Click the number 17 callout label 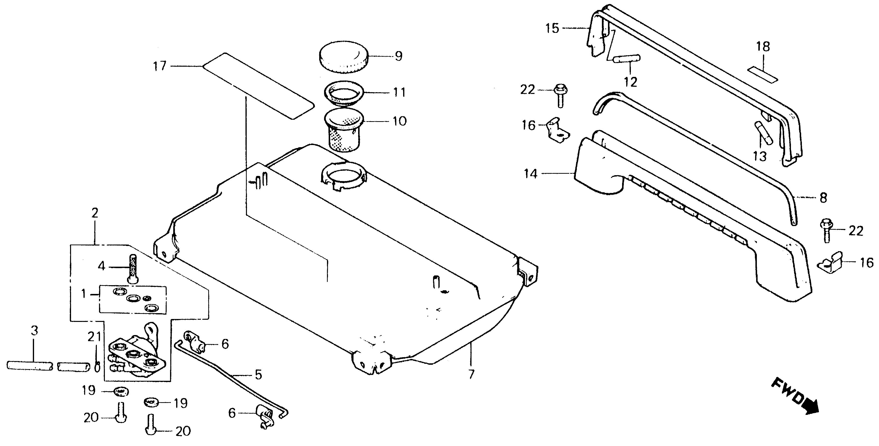[x=159, y=66]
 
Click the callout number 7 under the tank [x=471, y=374]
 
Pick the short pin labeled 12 [x=627, y=59]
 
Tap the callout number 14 [x=531, y=174]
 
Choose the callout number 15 [x=552, y=28]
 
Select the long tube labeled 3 [x=30, y=365]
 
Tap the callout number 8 [x=823, y=198]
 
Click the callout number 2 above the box [x=95, y=213]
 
